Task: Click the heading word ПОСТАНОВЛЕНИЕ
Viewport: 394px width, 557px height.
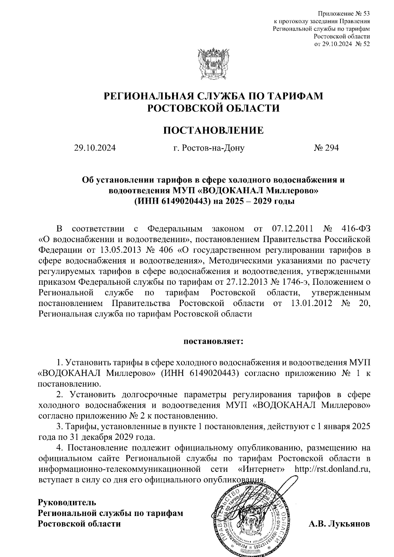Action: click(213, 130)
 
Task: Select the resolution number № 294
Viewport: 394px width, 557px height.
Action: click(326, 148)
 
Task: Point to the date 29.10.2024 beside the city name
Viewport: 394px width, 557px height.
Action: click(95, 148)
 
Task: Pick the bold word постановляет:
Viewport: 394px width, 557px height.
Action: click(213, 341)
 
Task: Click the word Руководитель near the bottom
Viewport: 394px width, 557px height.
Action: click(67, 502)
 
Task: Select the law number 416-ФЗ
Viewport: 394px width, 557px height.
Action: click(356, 228)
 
